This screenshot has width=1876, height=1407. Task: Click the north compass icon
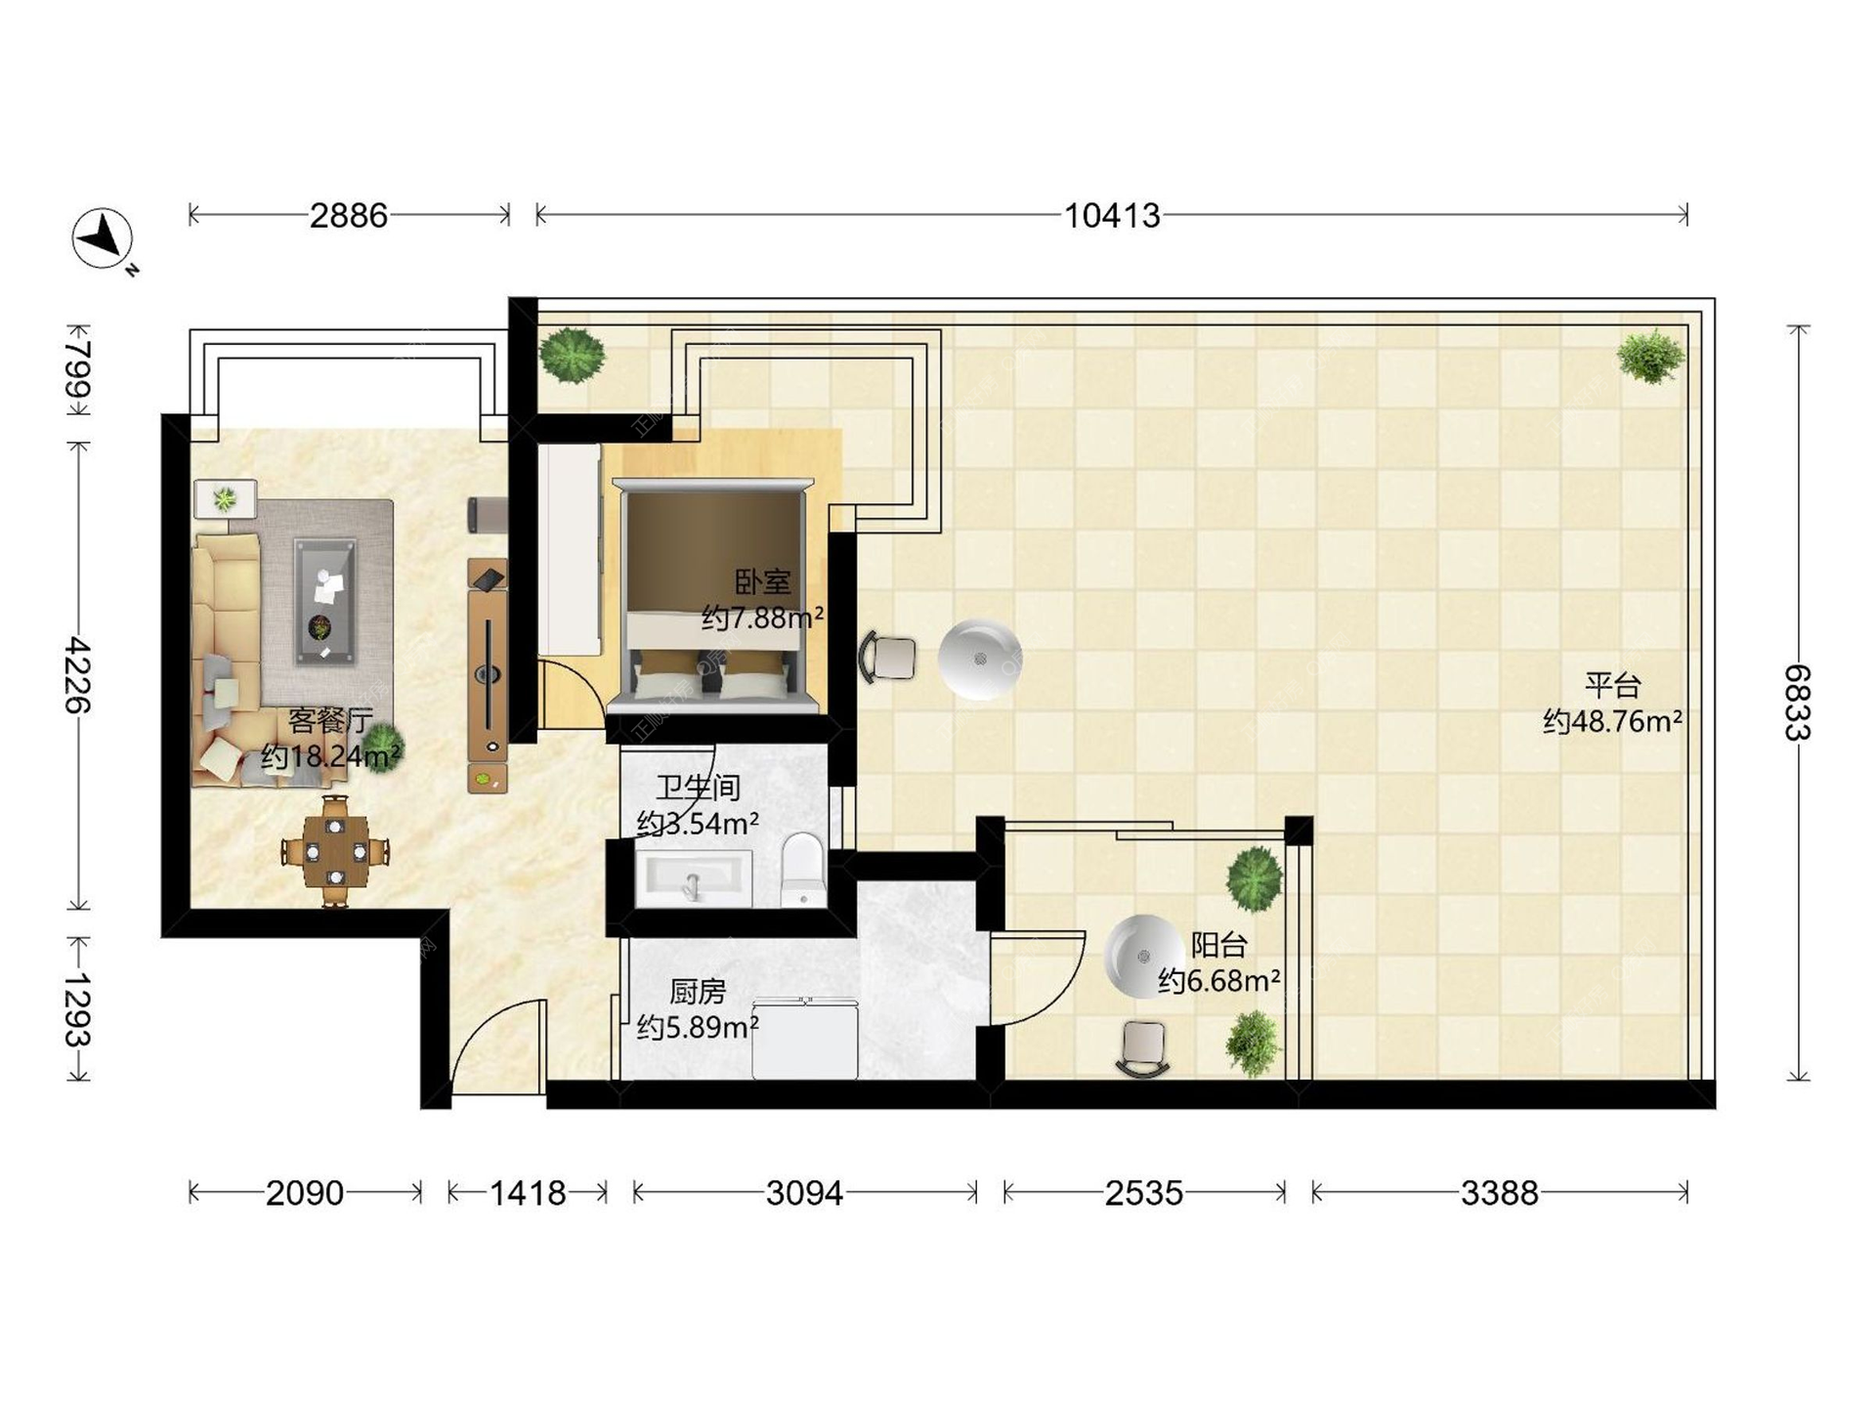[103, 238]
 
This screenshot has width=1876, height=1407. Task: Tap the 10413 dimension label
[1112, 215]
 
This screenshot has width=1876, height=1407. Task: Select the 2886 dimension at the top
[349, 215]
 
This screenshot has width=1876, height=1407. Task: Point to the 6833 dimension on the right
[1797, 703]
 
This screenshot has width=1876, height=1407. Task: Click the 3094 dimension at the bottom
[804, 1193]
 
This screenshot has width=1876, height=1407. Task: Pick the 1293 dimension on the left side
[77, 1009]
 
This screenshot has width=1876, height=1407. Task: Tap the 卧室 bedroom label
[762, 582]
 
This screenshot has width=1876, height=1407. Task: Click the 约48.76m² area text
[1612, 721]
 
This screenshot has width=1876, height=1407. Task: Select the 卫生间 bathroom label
[698, 787]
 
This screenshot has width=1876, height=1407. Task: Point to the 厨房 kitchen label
[698, 992]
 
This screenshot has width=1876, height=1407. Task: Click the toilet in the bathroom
[804, 869]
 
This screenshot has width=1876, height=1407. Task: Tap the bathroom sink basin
[694, 878]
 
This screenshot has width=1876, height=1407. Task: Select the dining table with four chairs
[335, 851]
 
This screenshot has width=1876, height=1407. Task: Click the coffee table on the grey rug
[325, 602]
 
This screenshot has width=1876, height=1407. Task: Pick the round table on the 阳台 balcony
[1143, 956]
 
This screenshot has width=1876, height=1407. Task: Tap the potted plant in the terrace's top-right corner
[1650, 357]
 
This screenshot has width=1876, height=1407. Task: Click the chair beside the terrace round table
[888, 657]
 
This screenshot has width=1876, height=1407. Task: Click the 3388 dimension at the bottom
[1500, 1193]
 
